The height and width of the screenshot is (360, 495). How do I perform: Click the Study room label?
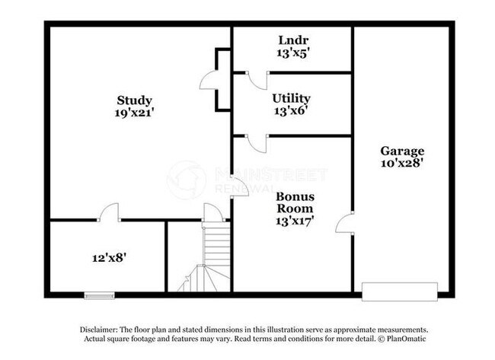(x=134, y=100)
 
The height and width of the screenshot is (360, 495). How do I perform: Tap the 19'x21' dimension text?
(x=134, y=113)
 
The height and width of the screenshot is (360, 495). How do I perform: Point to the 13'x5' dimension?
(x=291, y=53)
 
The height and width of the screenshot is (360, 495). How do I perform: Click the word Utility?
(x=291, y=98)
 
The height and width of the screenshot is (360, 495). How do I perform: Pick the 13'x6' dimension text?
(x=291, y=110)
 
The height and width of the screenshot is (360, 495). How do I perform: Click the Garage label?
(x=403, y=151)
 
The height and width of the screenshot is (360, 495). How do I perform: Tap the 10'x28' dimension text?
(x=403, y=163)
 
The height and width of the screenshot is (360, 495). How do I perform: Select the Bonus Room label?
(x=295, y=202)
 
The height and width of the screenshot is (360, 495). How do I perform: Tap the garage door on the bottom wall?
(x=399, y=292)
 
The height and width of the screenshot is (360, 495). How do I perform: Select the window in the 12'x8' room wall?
(x=99, y=295)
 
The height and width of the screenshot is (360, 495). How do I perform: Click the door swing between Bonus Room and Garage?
(x=345, y=223)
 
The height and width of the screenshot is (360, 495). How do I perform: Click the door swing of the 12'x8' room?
(x=110, y=212)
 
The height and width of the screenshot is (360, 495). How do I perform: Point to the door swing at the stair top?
(x=212, y=214)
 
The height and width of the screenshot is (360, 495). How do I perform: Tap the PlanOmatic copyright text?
(x=403, y=337)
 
